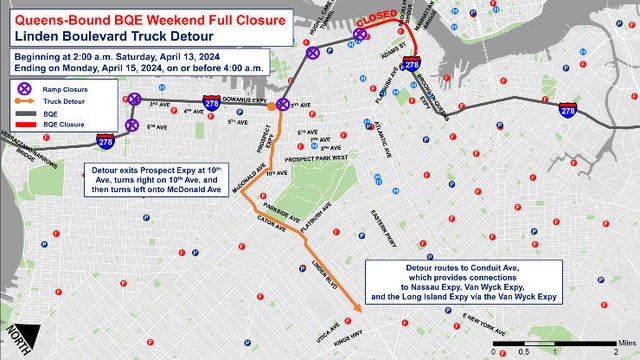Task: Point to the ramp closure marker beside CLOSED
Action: [x=358, y=36]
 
